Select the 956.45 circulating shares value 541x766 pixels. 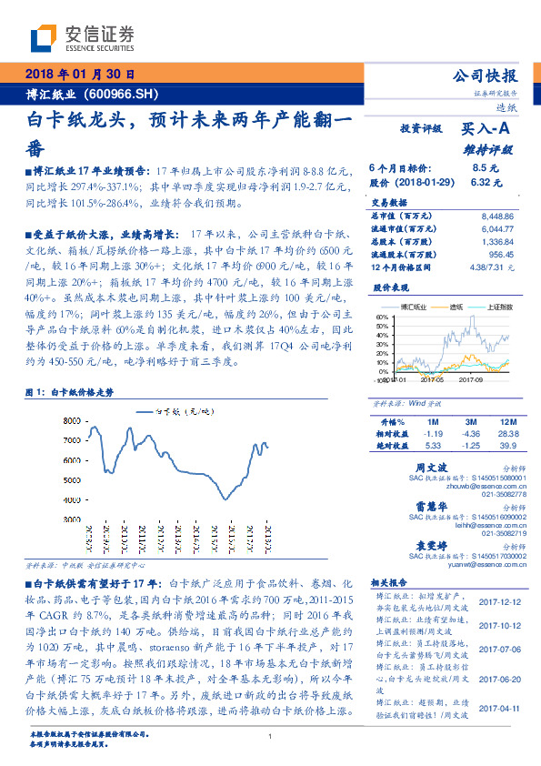(x=502, y=257)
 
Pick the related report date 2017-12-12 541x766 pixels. (x=497, y=601)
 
